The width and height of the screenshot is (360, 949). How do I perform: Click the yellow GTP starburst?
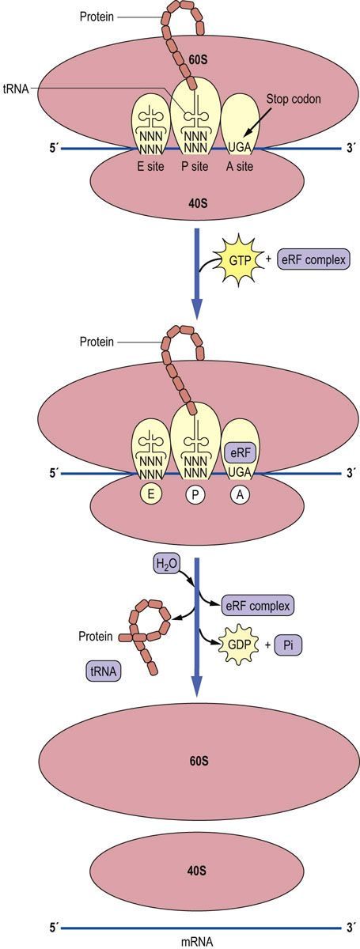240,260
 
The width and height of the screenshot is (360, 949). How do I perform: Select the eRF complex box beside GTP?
314,259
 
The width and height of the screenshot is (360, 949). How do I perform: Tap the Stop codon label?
294,99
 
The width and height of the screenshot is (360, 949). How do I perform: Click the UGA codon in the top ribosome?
240,148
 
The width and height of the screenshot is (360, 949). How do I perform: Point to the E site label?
150,166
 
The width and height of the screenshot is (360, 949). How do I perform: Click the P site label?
195,166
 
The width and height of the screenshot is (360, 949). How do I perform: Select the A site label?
240,166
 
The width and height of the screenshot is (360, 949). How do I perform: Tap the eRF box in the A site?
241,453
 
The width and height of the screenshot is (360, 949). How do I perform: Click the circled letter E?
150,494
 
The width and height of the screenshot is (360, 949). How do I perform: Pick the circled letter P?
195,494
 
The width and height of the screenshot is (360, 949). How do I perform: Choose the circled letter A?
240,494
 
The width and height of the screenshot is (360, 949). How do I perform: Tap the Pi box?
288,645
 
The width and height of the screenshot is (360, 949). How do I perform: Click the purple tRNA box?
104,671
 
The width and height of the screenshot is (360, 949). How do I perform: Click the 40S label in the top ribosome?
198,203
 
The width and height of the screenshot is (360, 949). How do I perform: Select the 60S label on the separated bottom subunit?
199,761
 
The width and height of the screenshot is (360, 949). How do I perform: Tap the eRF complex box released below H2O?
257,606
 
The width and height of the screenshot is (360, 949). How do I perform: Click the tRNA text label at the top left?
16,89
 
